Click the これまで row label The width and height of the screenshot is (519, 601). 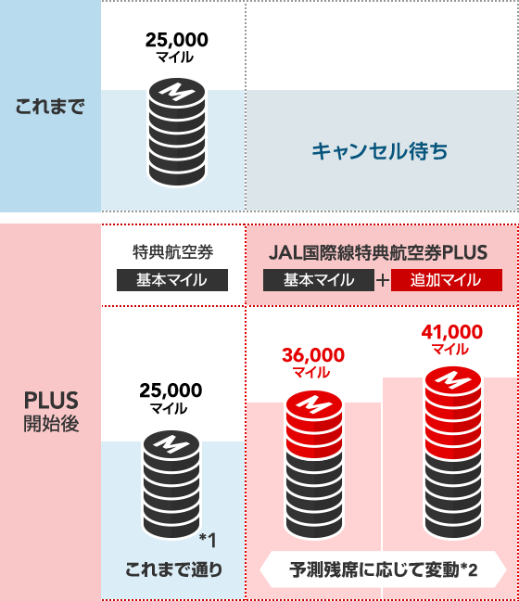click(x=50, y=106)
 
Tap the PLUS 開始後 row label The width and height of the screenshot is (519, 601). click(x=51, y=411)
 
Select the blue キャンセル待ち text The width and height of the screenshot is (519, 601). click(x=380, y=150)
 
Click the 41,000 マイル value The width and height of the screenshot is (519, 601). click(x=452, y=339)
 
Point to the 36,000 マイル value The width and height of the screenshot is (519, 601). click(x=313, y=363)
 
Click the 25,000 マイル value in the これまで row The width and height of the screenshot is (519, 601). click(x=177, y=47)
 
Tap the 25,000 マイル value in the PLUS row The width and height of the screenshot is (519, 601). click(x=171, y=398)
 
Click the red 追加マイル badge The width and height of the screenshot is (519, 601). click(x=446, y=280)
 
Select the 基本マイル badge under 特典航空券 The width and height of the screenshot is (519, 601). click(x=172, y=280)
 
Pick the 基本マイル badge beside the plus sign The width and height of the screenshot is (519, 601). click(x=318, y=280)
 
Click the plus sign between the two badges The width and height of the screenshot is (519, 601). click(x=382, y=281)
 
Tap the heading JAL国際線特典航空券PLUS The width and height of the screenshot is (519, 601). click(x=378, y=252)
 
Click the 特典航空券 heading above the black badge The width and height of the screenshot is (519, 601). click(x=172, y=252)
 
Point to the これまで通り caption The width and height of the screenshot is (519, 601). click(x=173, y=569)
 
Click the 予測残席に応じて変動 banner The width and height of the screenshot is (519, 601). click(x=383, y=569)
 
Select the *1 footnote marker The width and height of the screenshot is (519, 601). click(x=208, y=541)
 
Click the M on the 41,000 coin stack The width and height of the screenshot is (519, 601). click(x=453, y=380)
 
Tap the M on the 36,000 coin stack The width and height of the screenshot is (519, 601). click(x=314, y=404)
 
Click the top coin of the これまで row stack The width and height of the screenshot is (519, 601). click(x=177, y=92)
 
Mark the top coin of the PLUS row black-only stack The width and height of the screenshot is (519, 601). click(x=171, y=444)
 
